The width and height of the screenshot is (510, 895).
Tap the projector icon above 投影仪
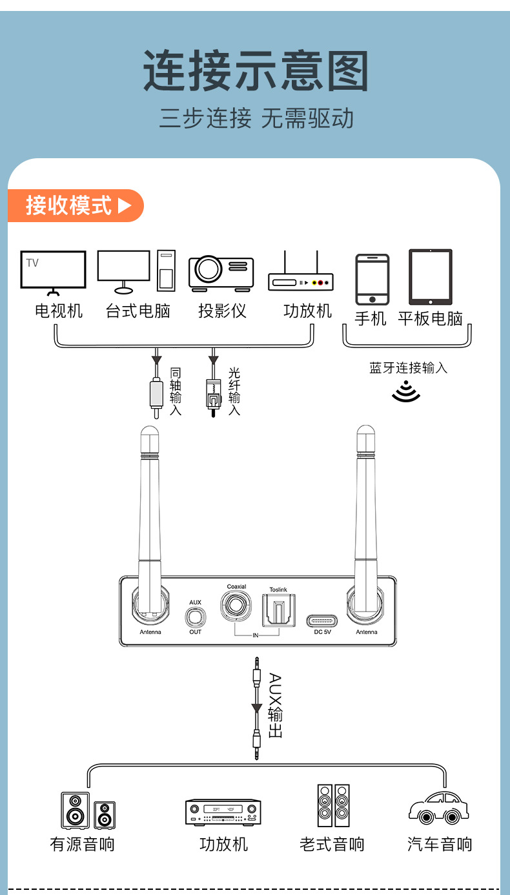coord(221,273)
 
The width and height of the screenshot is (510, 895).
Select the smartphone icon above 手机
coord(372,280)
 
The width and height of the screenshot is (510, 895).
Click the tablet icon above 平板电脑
coord(431,277)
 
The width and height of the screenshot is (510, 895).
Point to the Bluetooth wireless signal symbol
coord(406,391)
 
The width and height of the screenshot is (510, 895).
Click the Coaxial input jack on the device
coord(236,606)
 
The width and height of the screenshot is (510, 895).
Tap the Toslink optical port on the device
coord(278,610)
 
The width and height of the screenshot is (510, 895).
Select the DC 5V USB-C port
coord(322,621)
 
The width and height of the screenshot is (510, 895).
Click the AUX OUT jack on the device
coord(196,617)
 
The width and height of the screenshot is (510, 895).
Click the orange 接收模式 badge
coord(76,206)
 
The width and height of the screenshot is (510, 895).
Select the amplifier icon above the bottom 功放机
coord(223,812)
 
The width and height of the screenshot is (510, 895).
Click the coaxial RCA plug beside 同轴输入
coord(157,398)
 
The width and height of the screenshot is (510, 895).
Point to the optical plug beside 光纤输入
coord(214,398)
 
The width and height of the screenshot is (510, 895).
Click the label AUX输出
coord(275,706)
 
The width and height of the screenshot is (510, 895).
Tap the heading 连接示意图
coord(256,71)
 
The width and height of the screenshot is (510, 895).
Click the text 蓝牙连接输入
coord(408,367)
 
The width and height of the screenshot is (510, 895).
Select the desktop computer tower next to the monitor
coord(166,271)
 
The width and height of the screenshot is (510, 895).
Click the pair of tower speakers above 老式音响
coord(334,805)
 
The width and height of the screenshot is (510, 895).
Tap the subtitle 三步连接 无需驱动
coord(256,118)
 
